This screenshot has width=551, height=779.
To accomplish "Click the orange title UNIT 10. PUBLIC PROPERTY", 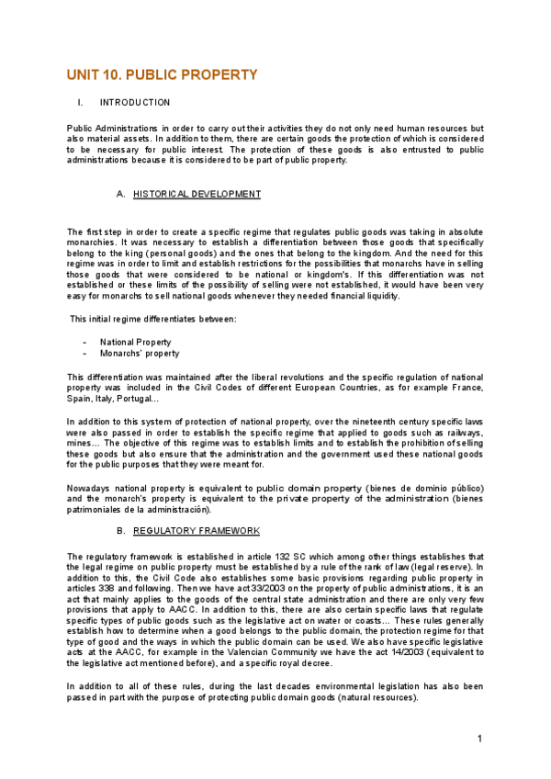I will [162, 75].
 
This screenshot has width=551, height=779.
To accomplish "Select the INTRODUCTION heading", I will [135, 102].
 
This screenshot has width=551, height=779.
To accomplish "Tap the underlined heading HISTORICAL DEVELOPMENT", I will [197, 194].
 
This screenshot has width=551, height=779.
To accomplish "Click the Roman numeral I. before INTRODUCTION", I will [81, 102].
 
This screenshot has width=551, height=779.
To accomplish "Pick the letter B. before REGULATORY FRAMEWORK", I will [120, 531].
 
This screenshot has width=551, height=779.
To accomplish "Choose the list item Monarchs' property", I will [140, 354].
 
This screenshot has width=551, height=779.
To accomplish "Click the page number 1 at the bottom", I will [479, 739].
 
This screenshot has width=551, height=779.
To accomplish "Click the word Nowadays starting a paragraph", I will [90, 487].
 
